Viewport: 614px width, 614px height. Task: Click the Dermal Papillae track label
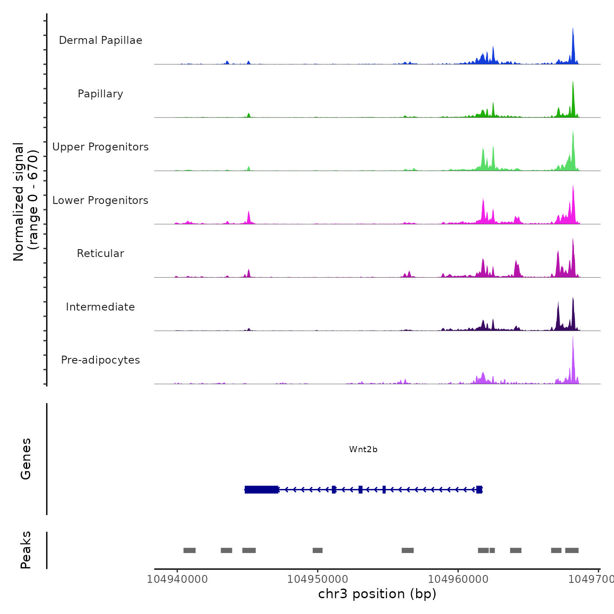[100, 40]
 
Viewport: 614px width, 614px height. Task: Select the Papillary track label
[100, 94]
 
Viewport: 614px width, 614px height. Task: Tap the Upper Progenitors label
[100, 147]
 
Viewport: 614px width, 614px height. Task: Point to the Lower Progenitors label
[100, 200]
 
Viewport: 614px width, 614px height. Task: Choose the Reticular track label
[100, 253]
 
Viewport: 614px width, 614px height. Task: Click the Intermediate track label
[100, 307]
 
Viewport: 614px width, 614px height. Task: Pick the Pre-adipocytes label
[100, 360]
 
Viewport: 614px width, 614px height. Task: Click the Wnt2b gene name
[363, 450]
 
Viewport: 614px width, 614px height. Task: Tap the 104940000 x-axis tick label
[177, 579]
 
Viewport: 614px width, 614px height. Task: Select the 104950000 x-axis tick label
[318, 579]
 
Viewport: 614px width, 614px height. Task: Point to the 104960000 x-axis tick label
[458, 579]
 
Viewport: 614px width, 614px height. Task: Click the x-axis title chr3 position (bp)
[377, 594]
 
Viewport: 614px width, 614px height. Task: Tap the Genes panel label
[26, 459]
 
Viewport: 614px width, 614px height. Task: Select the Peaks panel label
[26, 550]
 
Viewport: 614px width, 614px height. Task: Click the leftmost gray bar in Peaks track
[189, 550]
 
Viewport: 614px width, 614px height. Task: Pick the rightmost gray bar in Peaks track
[572, 550]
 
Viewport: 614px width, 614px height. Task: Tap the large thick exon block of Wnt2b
[261, 489]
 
